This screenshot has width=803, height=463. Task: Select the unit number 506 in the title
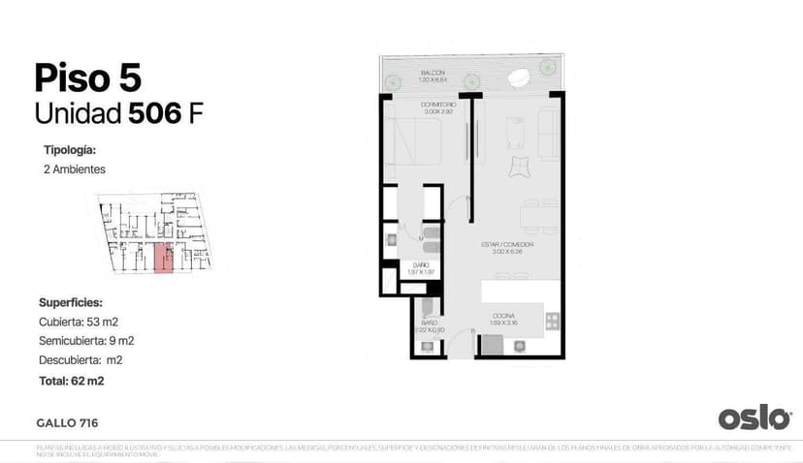coord(155,113)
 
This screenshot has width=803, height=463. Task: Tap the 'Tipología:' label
coord(70,150)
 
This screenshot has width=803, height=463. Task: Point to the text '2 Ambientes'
coord(74,169)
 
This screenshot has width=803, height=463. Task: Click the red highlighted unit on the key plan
coord(164,258)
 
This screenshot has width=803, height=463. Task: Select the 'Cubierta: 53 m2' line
coord(79,321)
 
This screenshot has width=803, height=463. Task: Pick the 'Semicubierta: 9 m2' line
coord(86,340)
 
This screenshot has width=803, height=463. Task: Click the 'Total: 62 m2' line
coord(72,381)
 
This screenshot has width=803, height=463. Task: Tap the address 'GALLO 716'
coord(67,422)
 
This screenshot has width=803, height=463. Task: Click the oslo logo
coord(755,417)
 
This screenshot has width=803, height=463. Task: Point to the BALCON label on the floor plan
coord(434,74)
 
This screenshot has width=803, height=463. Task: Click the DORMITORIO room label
coord(438,105)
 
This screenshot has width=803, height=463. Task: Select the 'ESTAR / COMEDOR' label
coord(507,244)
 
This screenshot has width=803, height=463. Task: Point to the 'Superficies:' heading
coord(71,302)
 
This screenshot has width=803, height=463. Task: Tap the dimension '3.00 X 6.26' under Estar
coord(507,252)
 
